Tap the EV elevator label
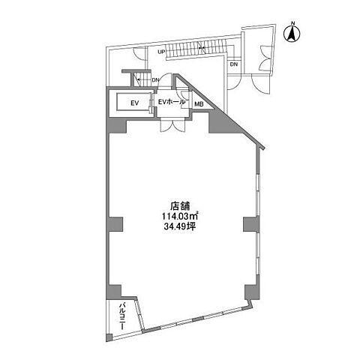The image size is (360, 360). tap(135, 103)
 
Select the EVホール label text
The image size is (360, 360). tap(172, 102)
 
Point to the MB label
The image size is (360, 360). tap(199, 104)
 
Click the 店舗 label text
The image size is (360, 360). tap(180, 206)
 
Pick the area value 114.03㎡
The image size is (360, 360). tap(180, 216)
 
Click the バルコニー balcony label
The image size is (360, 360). tap(122, 316)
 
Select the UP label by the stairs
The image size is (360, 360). tap(161, 52)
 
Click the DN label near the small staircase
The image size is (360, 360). tap(155, 80)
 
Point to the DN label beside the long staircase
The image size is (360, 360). tap(234, 64)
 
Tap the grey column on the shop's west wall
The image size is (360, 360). tap(115, 224)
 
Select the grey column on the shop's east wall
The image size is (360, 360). tap(251, 224)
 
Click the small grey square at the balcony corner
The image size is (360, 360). tap(109, 337)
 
